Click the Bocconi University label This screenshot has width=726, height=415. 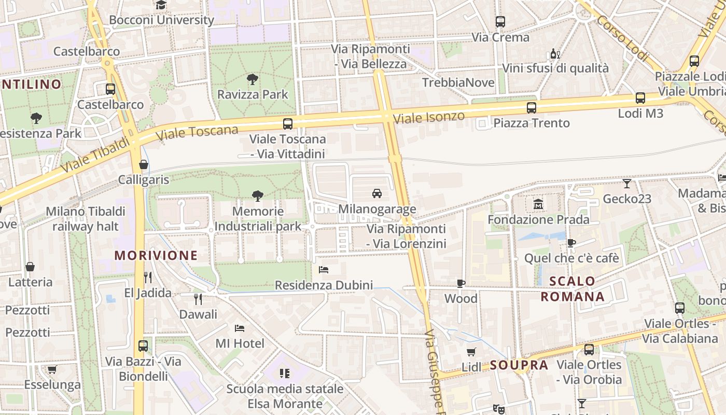pyautogui.click(x=161, y=20)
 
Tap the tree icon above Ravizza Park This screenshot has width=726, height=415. pyautogui.click(x=253, y=79)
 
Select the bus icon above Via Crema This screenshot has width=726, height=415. pyautogui.click(x=500, y=22)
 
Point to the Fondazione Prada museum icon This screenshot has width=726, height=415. pyautogui.click(x=538, y=204)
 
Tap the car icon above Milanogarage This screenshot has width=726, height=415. pyautogui.click(x=377, y=193)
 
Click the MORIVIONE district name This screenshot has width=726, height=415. pyautogui.click(x=156, y=255)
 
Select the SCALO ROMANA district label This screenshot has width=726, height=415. pyautogui.click(x=573, y=289)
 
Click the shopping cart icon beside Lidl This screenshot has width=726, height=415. pyautogui.click(x=471, y=352)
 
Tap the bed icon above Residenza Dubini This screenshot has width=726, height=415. pyautogui.click(x=324, y=270)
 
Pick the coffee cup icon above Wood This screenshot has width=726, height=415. pyautogui.click(x=460, y=283)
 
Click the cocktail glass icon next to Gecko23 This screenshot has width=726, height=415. pyautogui.click(x=627, y=184)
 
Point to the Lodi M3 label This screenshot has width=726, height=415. pyautogui.click(x=640, y=113)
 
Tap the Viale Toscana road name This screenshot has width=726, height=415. pyautogui.click(x=197, y=133)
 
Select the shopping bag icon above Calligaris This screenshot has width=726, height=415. pyautogui.click(x=144, y=165)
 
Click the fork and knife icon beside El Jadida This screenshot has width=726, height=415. pyautogui.click(x=148, y=278)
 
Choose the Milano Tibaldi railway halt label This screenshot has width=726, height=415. pyautogui.click(x=86, y=219)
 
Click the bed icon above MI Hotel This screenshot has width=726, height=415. pyautogui.click(x=240, y=328)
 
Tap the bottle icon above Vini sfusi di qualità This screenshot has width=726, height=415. pyautogui.click(x=554, y=53)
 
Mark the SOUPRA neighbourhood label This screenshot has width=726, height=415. pyautogui.click(x=519, y=365)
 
